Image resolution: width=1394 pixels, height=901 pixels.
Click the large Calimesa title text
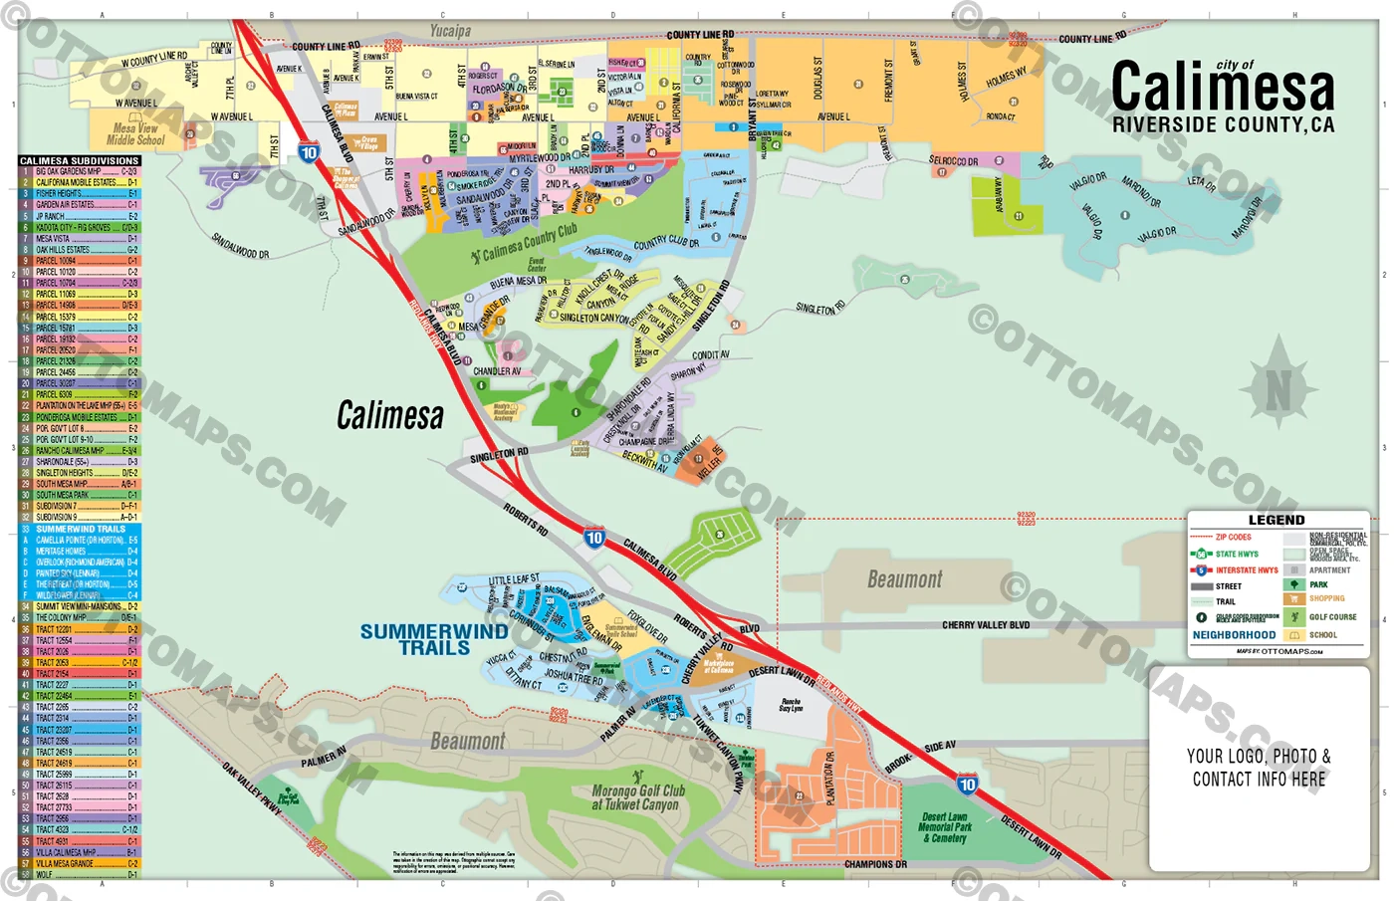click(1222, 88)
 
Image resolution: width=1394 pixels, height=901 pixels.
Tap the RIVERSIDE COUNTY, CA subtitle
click(1223, 125)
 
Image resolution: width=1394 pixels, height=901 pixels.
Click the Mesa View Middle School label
click(135, 134)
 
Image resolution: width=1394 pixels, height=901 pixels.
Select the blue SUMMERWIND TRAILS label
click(434, 639)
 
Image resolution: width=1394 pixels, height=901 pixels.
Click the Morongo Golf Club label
click(637, 796)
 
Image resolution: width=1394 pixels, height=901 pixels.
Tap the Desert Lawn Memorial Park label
click(944, 827)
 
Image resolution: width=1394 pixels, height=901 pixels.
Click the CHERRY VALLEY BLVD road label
click(986, 625)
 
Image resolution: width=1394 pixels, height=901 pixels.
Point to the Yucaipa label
click(450, 31)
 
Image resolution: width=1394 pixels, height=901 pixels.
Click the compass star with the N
click(1278, 390)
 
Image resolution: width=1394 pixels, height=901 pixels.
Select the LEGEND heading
click(1277, 520)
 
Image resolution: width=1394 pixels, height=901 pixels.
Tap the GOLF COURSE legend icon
click(1293, 616)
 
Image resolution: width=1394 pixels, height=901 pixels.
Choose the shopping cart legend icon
click(1293, 599)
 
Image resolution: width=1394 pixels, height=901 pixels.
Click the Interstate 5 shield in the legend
click(1201, 570)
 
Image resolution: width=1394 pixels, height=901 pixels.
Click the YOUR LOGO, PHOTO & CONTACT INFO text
click(1259, 768)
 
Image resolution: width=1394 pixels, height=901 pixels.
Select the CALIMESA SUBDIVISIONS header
click(80, 160)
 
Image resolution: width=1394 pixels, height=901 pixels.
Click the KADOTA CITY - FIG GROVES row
click(80, 228)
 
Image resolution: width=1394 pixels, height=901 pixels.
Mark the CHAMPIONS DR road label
click(875, 864)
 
